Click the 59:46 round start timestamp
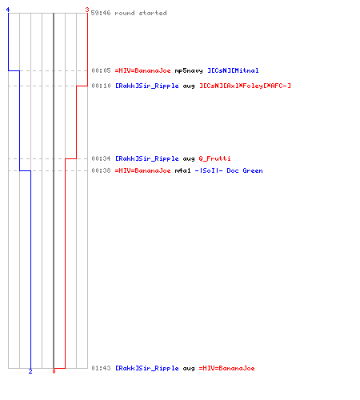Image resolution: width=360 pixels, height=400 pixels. tap(101, 13)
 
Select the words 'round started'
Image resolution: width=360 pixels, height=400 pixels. tap(141, 13)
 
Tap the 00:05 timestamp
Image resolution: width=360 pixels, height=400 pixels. tap(101, 70)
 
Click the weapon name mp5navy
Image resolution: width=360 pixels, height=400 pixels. tap(189, 70)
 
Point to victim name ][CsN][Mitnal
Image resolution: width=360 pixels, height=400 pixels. tap(233, 70)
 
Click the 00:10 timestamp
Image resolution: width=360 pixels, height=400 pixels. tap(101, 86)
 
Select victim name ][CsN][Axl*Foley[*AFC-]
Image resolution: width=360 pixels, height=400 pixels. tap(245, 86)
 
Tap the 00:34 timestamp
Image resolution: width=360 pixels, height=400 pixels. tap(101, 158)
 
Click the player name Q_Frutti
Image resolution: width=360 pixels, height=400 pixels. tap(214, 158)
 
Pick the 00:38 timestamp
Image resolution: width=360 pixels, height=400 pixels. tap(101, 170)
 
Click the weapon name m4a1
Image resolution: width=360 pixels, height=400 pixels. tap(183, 170)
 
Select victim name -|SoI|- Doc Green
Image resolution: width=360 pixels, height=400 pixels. tap(229, 170)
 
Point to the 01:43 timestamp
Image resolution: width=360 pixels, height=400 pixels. tap(101, 368)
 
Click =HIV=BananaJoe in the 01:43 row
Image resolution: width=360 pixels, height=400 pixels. tap(227, 368)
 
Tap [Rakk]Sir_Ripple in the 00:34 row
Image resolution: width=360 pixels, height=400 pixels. tap(147, 158)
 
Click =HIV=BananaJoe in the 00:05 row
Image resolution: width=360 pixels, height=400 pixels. tap(142, 70)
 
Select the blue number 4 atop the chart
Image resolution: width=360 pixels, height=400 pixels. tap(8, 10)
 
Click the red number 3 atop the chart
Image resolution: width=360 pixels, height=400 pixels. tap(87, 10)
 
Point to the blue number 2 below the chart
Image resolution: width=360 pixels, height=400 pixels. tap(30, 371)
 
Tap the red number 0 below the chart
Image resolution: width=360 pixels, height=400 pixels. tap(54, 371)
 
